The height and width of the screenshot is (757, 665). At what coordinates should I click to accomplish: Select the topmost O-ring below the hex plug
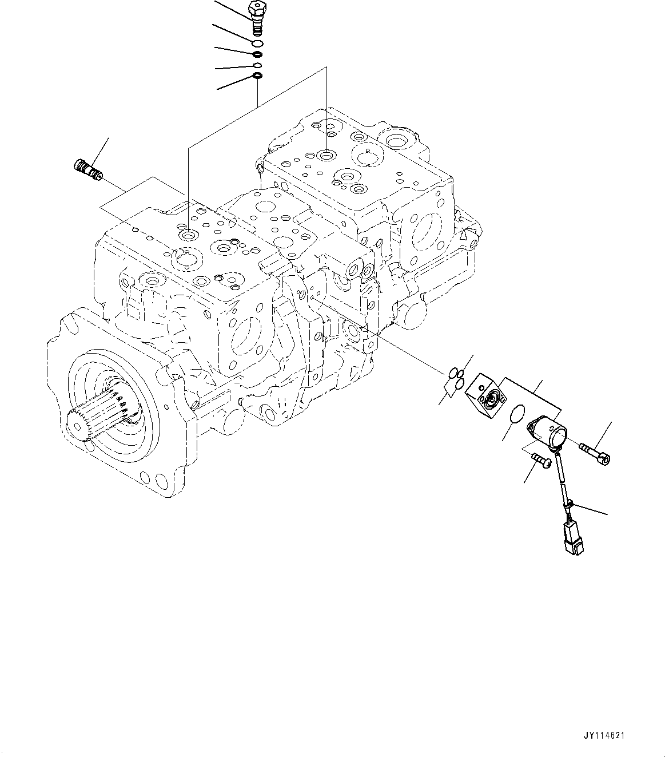click(x=258, y=43)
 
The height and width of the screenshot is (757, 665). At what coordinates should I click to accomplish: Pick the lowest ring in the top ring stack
click(x=257, y=76)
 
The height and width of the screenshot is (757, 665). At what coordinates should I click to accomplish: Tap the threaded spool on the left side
click(x=87, y=169)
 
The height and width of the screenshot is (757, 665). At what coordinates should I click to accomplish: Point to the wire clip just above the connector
click(x=569, y=503)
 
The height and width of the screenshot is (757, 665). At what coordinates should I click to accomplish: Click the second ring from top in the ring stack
click(x=258, y=54)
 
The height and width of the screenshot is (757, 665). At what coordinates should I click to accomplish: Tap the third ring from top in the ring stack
click(x=258, y=65)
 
